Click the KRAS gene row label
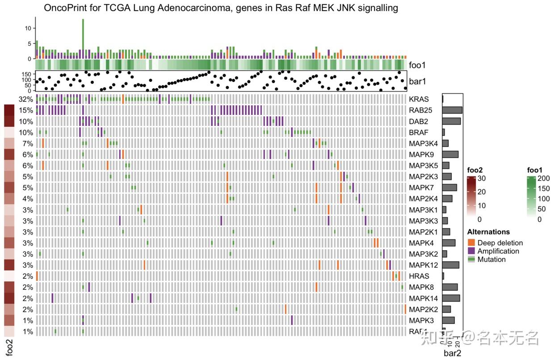point(419,99)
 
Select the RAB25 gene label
point(420,110)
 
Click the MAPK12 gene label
point(422,265)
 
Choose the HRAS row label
point(419,276)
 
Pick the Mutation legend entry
point(491,260)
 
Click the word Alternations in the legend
point(488,232)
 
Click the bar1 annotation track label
point(418,81)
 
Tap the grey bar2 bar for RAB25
point(452,110)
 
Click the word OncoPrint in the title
point(64,8)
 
